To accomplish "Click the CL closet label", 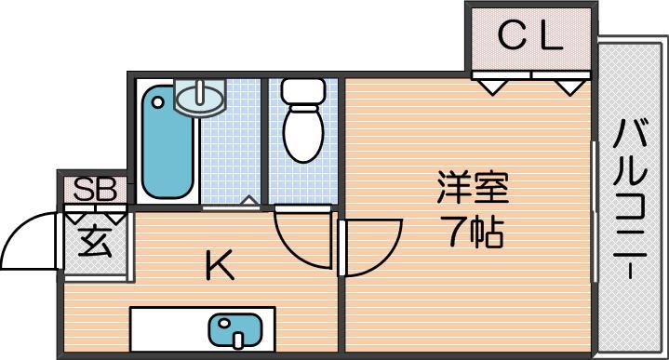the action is (530, 36).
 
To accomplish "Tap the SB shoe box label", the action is (95, 189).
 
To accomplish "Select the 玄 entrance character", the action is (95, 242).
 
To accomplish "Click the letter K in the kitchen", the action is (220, 265).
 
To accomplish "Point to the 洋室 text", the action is (473, 187).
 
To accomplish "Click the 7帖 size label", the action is (472, 232).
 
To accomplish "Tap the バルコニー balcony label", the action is (630, 199).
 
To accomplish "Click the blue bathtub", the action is (167, 142).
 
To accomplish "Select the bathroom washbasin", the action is (200, 99).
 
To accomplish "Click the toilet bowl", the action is (303, 134).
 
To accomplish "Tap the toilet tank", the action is (302, 91).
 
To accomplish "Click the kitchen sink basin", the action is (234, 330).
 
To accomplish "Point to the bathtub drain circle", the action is (158, 102).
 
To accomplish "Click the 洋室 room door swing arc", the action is (386, 260).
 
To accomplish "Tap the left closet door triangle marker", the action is (492, 87).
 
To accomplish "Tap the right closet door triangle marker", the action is (570, 87).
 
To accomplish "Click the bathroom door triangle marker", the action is (249, 201).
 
